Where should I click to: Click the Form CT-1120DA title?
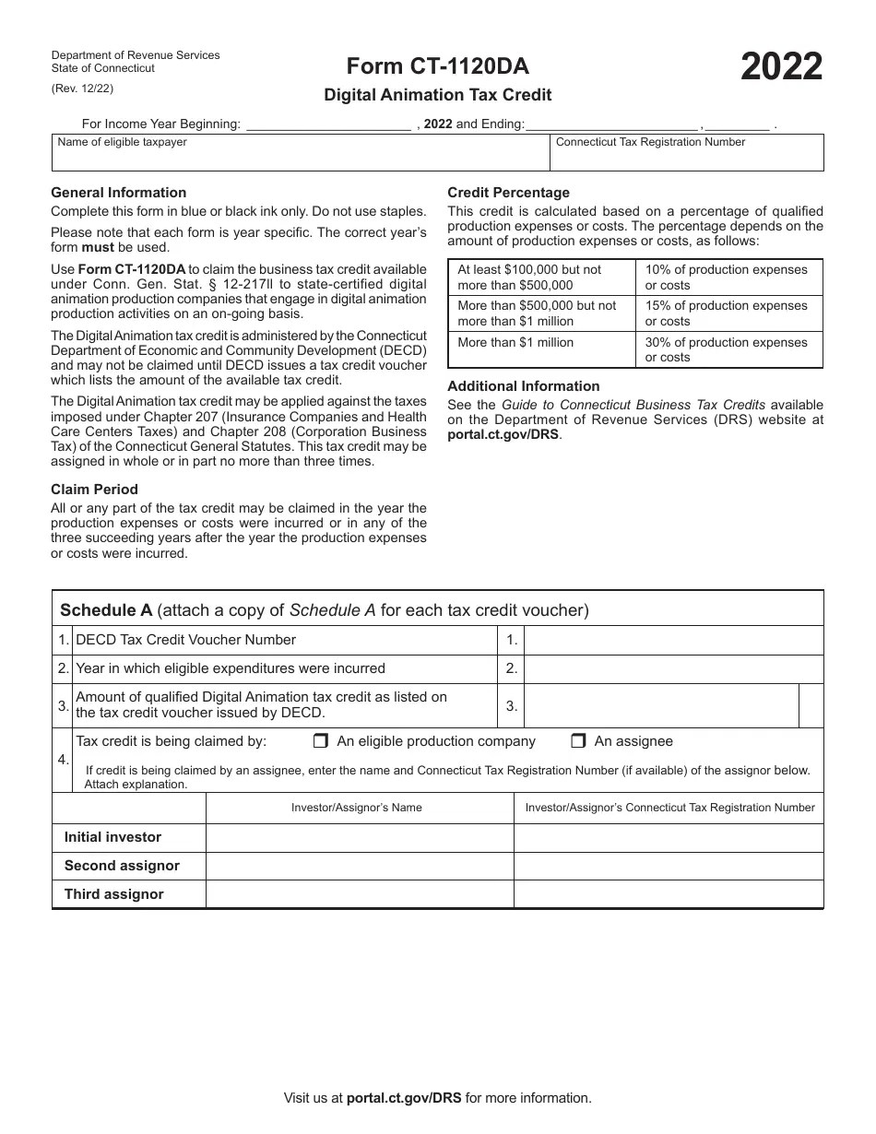point(437,66)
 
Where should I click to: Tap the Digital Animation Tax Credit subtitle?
point(437,94)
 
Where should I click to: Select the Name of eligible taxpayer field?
point(301,153)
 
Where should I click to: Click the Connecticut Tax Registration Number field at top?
point(686,153)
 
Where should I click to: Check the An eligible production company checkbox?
point(321,741)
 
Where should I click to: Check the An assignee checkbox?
point(578,741)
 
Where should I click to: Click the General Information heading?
point(118,193)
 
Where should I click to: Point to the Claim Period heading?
point(94,490)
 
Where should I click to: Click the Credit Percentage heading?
point(508,193)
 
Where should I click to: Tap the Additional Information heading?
point(523,386)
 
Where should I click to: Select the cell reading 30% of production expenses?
point(728,349)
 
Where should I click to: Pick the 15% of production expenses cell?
point(728,313)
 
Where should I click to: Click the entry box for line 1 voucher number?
point(673,641)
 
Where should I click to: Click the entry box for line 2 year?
point(673,669)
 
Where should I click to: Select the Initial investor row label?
point(112,837)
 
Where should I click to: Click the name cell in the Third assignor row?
point(359,894)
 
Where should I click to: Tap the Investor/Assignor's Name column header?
point(357,808)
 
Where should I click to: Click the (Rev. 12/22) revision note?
point(83,89)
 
